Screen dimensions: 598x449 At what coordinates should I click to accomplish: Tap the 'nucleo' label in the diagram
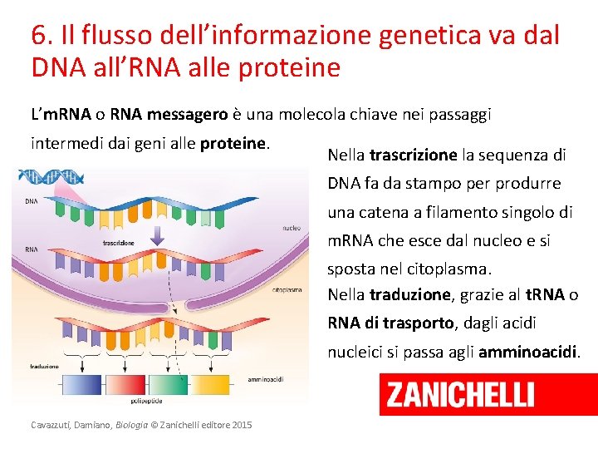tap(291, 226)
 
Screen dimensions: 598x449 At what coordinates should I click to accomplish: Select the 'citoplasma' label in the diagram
tap(287, 290)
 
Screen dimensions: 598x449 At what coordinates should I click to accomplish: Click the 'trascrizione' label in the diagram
tap(119, 243)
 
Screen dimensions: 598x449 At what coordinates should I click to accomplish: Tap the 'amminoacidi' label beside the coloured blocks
tap(266, 378)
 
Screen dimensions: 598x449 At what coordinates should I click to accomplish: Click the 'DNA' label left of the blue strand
tap(31, 200)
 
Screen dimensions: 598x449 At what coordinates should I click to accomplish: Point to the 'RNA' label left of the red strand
tap(31, 249)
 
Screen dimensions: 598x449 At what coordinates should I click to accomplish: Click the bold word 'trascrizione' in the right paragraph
tap(413, 155)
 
